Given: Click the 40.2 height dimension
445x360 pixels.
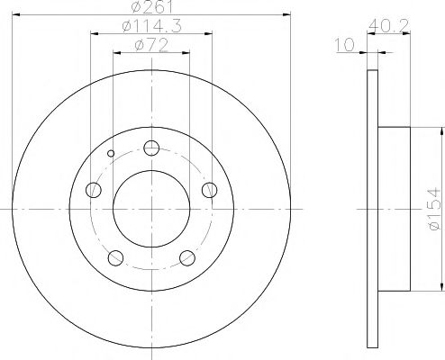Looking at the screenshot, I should pyautogui.click(x=389, y=28).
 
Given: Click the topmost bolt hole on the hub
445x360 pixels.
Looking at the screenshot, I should pyautogui.click(x=151, y=149).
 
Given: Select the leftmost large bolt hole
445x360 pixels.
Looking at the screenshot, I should pyautogui.click(x=94, y=190).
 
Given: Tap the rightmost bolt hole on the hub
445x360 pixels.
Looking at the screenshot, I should pyautogui.click(x=209, y=190).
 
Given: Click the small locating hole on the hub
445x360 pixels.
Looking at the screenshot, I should pyautogui.click(x=111, y=153).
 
